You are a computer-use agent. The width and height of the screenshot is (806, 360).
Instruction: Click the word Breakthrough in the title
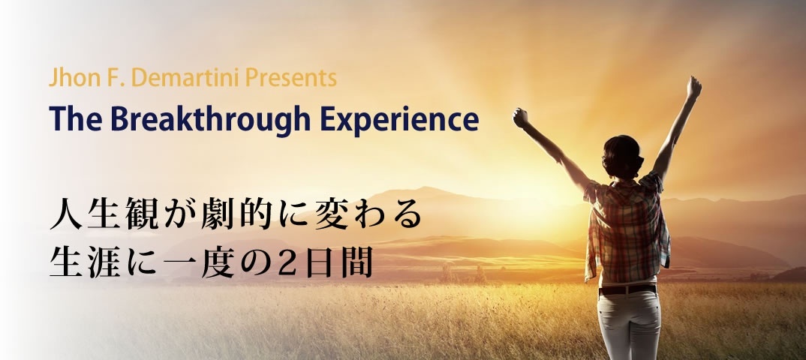(209, 120)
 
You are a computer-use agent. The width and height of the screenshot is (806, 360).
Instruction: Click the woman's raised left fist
(521, 118)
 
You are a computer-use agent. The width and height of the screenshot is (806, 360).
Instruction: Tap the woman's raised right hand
(694, 87)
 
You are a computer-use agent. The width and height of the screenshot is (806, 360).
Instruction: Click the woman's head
(622, 154)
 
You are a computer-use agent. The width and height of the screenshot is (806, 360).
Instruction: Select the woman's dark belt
(627, 289)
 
